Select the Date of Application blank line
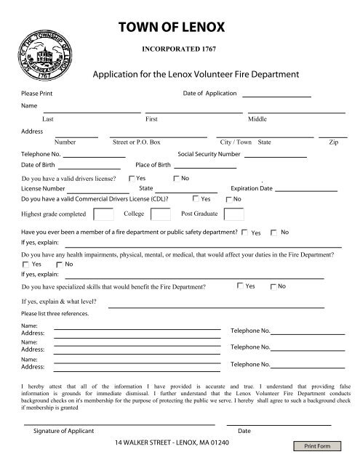click(276, 96)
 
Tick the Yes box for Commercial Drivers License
click(196, 198)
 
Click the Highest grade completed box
click(104, 214)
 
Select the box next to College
click(161, 214)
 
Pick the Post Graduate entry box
click(234, 214)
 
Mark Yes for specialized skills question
click(241, 286)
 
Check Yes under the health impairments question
click(26, 265)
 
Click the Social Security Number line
click(275, 155)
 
